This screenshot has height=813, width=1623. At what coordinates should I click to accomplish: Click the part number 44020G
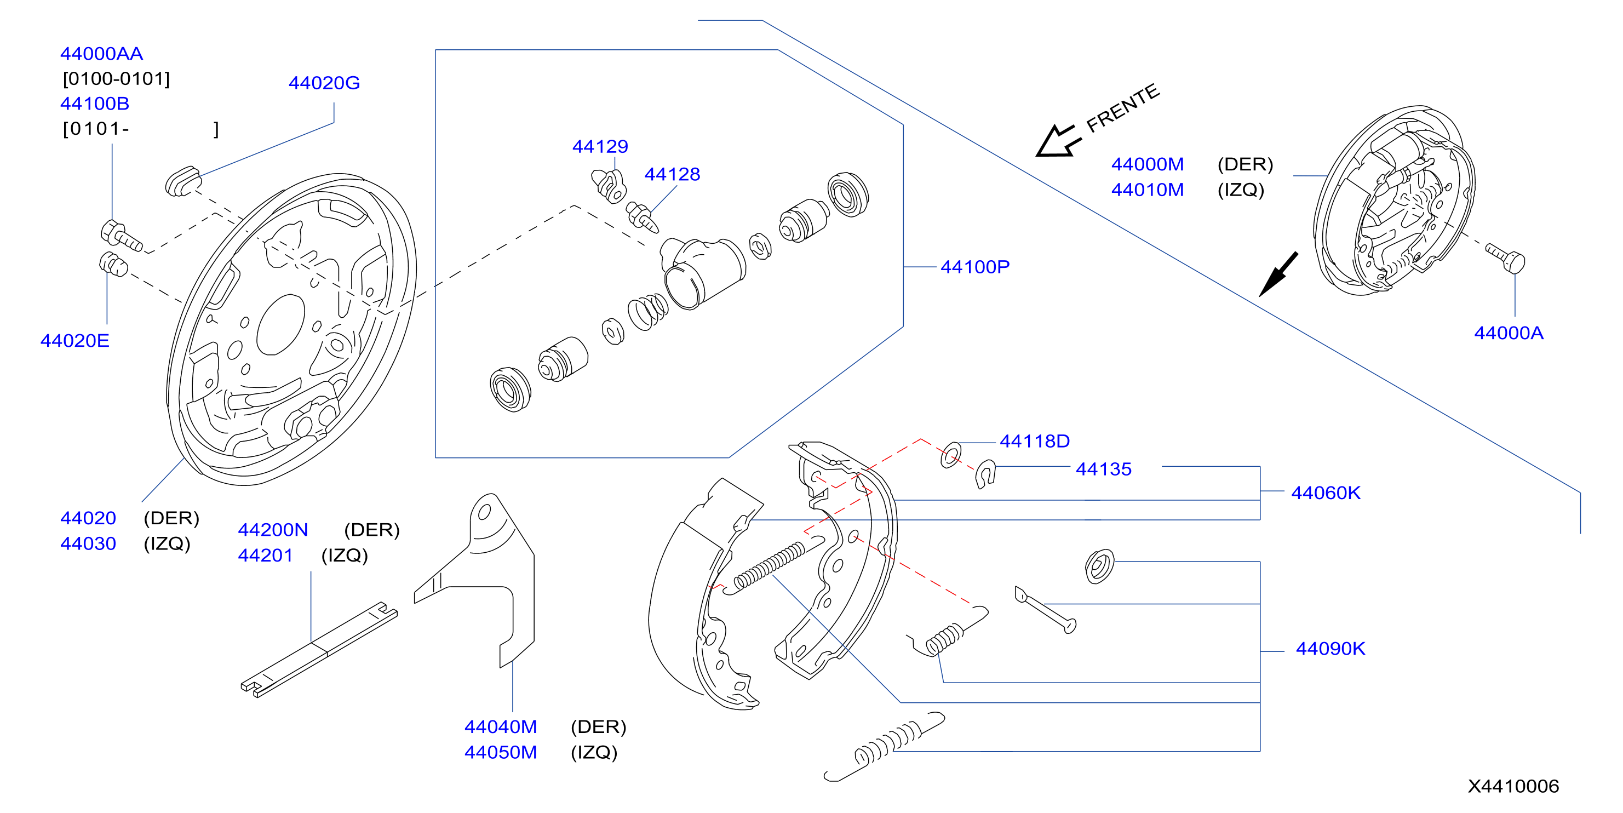click(324, 83)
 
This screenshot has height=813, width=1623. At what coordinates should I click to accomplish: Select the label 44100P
click(974, 267)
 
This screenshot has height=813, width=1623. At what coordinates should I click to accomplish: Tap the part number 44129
click(600, 146)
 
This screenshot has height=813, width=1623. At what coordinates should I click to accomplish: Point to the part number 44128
click(672, 174)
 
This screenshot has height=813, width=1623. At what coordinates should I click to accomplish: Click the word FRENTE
click(1122, 108)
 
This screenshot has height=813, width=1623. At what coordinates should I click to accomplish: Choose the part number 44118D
click(1035, 441)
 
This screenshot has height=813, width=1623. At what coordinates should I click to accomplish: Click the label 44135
click(1103, 469)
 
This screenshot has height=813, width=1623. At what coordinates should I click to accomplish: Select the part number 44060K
click(1326, 493)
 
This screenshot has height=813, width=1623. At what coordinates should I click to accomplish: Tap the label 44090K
click(1330, 649)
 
